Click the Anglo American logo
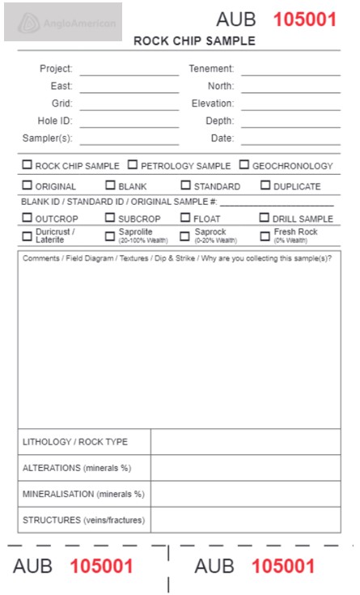(63, 22)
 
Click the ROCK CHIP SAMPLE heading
(194, 41)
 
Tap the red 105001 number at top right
(304, 19)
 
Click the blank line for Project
(129, 70)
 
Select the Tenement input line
(290, 70)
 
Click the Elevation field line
(290, 105)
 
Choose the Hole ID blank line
(129, 122)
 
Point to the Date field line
(290, 140)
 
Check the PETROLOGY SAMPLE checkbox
(133, 165)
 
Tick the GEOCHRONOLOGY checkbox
(244, 165)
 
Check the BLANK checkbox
(111, 185)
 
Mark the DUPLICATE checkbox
(265, 185)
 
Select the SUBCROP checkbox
(111, 218)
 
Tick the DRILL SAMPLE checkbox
(265, 218)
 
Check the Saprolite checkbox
(111, 236)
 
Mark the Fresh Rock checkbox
(265, 236)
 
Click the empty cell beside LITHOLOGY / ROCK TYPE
(245, 442)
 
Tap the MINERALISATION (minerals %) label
(83, 494)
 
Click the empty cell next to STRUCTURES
(245, 520)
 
